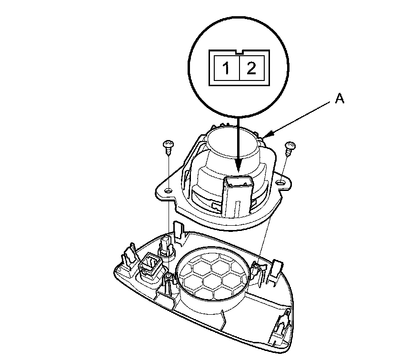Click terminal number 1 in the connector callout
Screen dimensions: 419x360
[x=227, y=70]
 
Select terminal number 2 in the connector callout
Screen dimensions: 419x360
[x=251, y=70]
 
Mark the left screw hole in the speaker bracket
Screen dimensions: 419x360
[x=168, y=191]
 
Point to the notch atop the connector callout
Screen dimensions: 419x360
[x=239, y=51]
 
